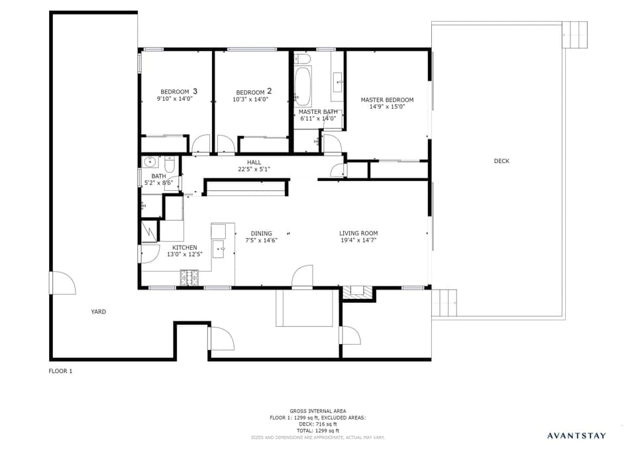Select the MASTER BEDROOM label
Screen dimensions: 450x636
(x=387, y=100)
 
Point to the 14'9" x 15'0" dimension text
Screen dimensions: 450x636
(x=387, y=107)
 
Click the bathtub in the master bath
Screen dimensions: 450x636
(x=303, y=86)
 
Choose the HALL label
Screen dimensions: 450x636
(x=254, y=162)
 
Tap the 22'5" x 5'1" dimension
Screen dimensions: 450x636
(x=254, y=169)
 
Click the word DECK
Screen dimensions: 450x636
(x=502, y=161)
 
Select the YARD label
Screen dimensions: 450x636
(x=98, y=311)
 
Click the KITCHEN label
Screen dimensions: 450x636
(x=184, y=247)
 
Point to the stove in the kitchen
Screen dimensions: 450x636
(x=189, y=278)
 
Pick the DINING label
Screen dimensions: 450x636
(x=261, y=233)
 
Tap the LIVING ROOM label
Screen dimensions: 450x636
(x=358, y=233)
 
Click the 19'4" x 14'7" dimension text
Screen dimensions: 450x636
(x=358, y=241)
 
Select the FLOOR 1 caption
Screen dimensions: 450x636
(x=60, y=371)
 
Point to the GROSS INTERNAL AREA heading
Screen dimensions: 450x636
(x=317, y=411)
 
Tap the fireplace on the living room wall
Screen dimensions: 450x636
(x=358, y=292)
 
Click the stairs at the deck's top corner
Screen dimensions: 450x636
(x=574, y=34)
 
